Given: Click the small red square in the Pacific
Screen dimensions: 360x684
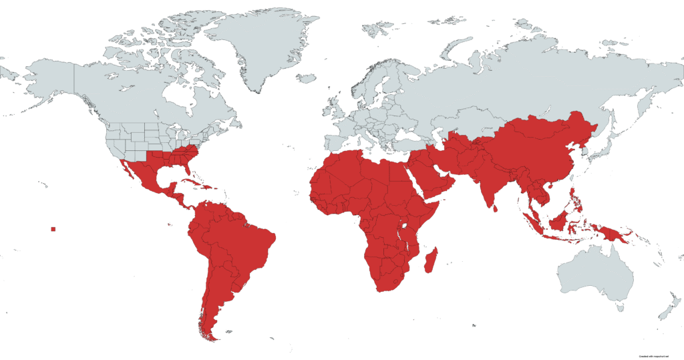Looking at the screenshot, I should pos(53,230).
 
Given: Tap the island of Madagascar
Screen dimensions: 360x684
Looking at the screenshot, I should pos(432,259).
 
